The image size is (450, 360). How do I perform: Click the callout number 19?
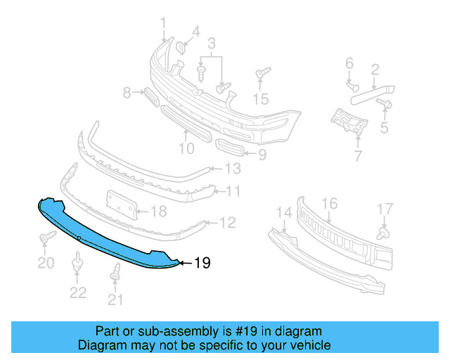pyautogui.click(x=202, y=264)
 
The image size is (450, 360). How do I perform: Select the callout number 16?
pyautogui.click(x=329, y=205)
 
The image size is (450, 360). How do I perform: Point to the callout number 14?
pyautogui.click(x=283, y=212)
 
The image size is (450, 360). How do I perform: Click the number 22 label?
pyautogui.click(x=77, y=293)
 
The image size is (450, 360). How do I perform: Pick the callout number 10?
pyautogui.click(x=186, y=148)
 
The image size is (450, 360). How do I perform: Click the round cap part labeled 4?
pyautogui.click(x=181, y=49)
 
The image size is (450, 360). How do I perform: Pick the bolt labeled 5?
pyautogui.click(x=385, y=104)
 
